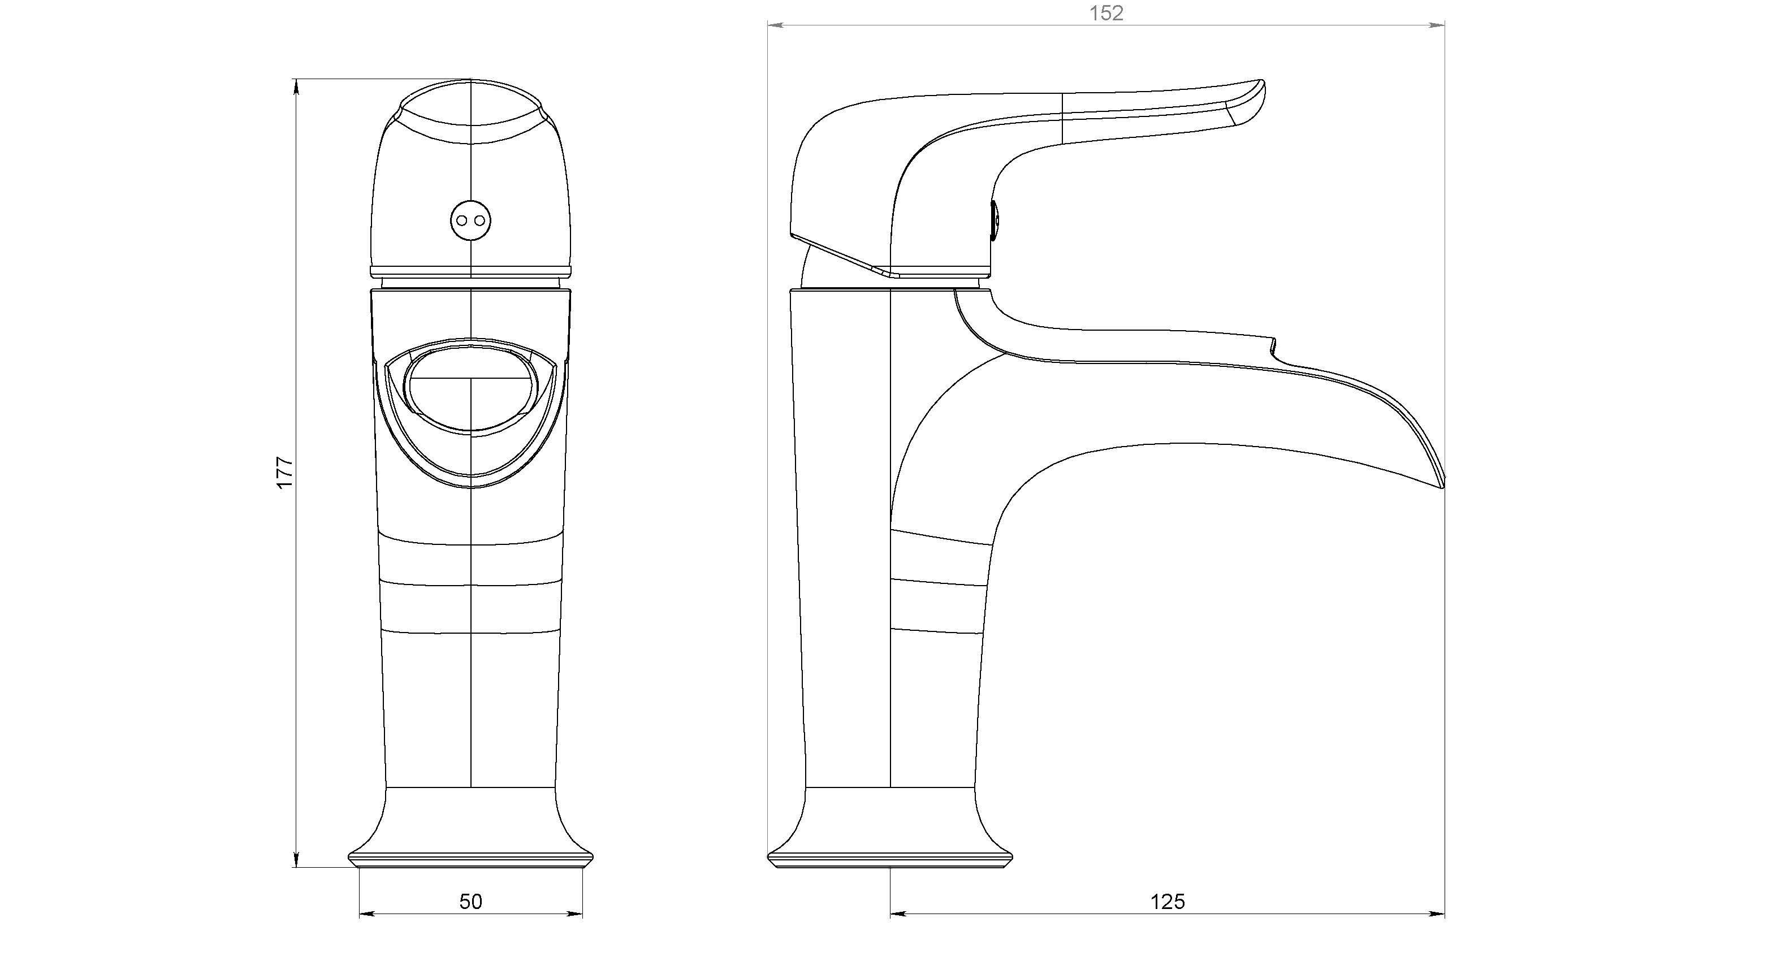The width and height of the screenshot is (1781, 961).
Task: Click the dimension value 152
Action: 1106,13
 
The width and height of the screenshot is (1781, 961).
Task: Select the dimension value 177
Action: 285,473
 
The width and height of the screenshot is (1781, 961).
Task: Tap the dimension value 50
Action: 471,902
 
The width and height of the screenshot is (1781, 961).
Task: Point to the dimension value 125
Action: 1168,902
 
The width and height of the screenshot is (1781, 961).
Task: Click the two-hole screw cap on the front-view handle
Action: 470,220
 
